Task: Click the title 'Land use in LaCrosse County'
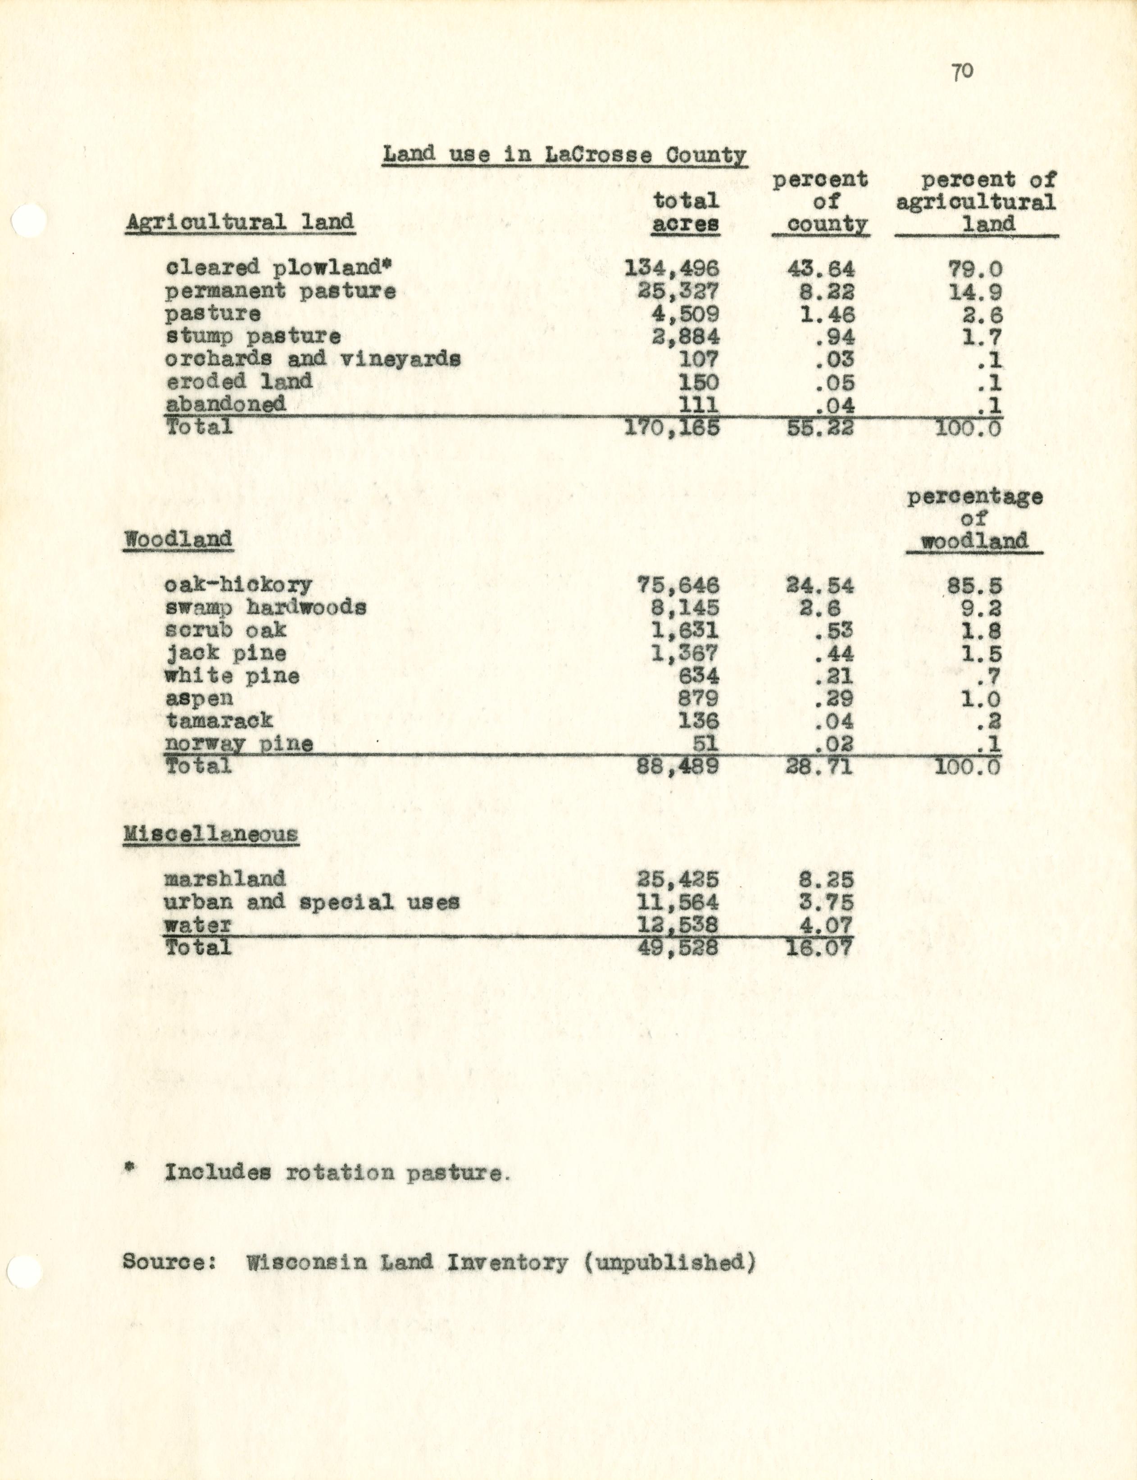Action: click(564, 155)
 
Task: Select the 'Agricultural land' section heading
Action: click(240, 223)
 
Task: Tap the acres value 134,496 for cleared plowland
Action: click(671, 269)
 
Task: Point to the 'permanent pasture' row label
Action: click(281, 291)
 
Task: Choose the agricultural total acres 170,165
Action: click(671, 428)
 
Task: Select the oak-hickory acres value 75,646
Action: click(678, 585)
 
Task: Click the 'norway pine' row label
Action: click(239, 744)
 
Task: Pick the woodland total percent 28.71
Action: click(819, 767)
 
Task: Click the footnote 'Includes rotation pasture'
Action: click(335, 1172)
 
